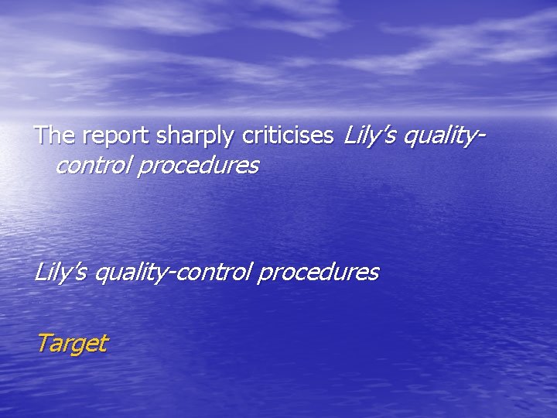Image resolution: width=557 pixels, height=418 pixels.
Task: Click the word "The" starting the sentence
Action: pos(52,136)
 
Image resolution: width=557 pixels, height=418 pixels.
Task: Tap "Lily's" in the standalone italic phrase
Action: pos(61,272)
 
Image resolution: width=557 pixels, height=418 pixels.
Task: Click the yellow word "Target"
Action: pos(72,343)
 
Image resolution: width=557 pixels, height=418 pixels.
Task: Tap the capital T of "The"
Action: pos(42,136)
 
